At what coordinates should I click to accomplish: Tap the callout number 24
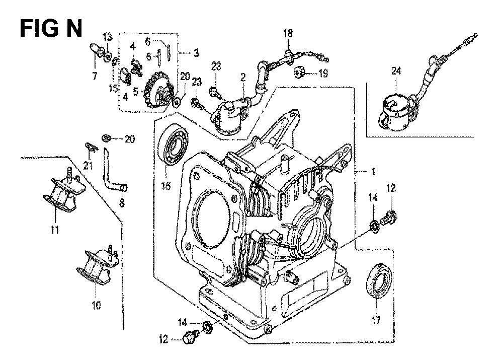[396, 70]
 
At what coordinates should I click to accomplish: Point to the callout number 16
[166, 186]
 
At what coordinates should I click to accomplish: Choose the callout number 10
[96, 305]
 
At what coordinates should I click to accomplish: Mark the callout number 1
[373, 172]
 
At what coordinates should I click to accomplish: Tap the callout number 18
[288, 33]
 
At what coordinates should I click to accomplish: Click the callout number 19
[323, 73]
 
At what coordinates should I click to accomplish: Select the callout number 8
[122, 203]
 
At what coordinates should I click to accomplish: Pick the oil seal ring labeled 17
[379, 280]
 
